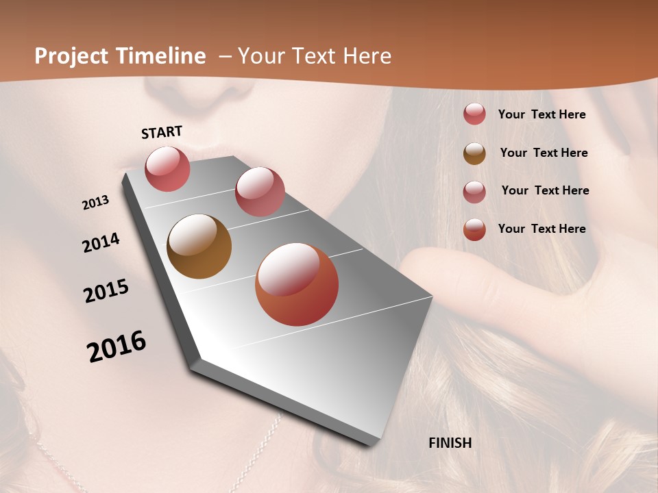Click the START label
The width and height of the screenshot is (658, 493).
click(x=162, y=132)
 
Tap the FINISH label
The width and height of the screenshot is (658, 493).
click(x=450, y=443)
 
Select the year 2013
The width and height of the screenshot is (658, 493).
click(x=95, y=203)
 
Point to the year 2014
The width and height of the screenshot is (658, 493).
click(x=101, y=243)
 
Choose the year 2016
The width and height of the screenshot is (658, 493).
click(x=117, y=346)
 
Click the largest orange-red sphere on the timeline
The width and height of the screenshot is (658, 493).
click(x=297, y=284)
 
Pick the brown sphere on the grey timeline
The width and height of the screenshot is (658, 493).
click(x=199, y=246)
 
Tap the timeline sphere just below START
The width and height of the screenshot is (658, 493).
click(x=167, y=168)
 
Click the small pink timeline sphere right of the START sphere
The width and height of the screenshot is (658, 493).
click(x=260, y=192)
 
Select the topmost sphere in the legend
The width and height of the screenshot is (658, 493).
click(x=474, y=114)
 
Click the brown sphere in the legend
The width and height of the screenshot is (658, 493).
click(x=474, y=153)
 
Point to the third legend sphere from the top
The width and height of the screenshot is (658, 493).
click(x=474, y=192)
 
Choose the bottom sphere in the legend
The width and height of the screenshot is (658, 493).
click(x=474, y=229)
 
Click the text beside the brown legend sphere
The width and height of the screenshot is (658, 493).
click(x=544, y=153)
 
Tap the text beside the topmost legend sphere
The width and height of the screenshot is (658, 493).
click(x=541, y=114)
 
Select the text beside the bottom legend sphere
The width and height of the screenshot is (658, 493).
click(x=541, y=229)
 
